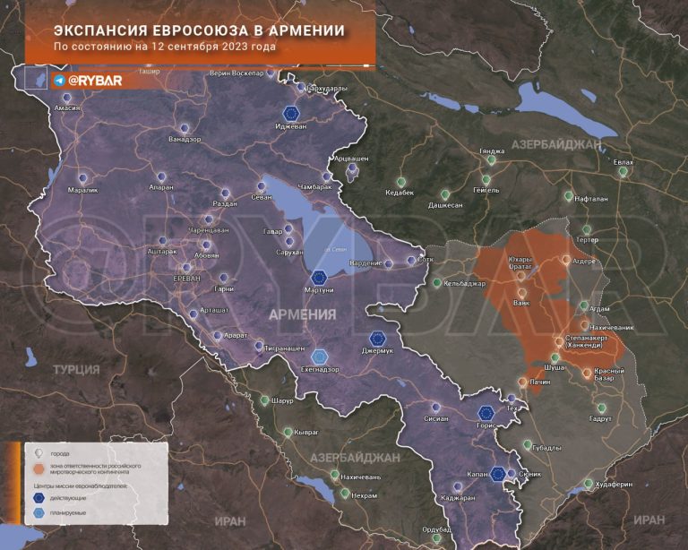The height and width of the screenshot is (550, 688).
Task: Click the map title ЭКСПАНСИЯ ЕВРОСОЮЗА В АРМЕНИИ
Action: tap(199, 30)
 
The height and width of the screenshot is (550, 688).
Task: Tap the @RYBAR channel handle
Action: tap(94, 81)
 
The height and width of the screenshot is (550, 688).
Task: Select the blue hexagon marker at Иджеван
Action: tap(290, 114)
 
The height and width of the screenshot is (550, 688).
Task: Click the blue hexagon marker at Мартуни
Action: tap(320, 278)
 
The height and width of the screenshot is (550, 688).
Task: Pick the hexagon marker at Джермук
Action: tap(378, 339)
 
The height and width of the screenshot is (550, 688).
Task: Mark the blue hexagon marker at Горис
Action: tap(486, 413)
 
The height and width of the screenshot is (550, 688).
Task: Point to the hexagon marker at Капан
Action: tap(498, 474)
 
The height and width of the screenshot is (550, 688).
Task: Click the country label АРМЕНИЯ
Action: tap(303, 314)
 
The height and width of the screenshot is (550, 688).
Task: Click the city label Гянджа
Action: tap(492, 151)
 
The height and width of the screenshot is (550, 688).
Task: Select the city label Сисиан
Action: tap(436, 417)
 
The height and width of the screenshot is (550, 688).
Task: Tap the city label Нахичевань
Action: tap(361, 477)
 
